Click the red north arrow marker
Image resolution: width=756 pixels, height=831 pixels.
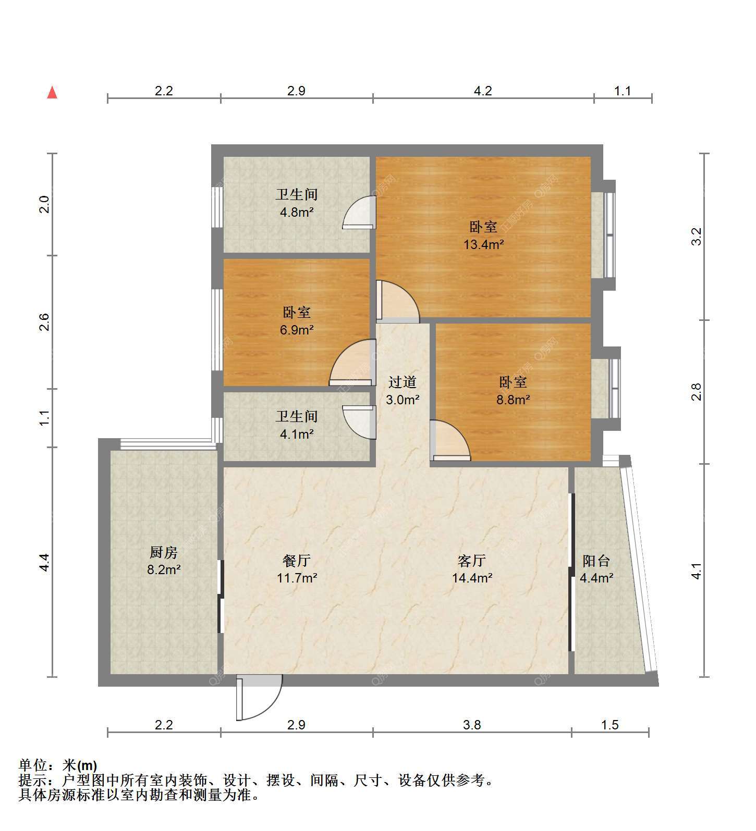(52, 92)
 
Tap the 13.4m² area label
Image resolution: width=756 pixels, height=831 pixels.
(483, 244)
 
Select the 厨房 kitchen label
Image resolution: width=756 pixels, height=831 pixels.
(164, 552)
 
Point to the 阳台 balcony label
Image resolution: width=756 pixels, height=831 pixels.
(596, 561)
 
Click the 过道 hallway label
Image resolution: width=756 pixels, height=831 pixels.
(403, 382)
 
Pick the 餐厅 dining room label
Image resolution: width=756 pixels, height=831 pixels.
(297, 561)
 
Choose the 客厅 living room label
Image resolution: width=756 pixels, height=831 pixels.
(472, 561)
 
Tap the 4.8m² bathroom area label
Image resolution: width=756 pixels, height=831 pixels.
(297, 212)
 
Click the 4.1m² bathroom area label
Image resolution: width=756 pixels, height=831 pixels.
(297, 434)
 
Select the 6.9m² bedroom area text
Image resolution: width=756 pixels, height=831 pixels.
(297, 330)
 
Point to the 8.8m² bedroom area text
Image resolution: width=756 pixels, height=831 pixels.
(514, 400)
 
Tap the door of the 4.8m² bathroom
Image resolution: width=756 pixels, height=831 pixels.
(359, 212)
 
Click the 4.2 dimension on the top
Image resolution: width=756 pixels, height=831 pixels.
(483, 91)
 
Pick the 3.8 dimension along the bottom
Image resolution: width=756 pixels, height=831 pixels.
(472, 725)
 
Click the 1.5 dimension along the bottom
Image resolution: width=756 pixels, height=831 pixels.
(610, 725)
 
